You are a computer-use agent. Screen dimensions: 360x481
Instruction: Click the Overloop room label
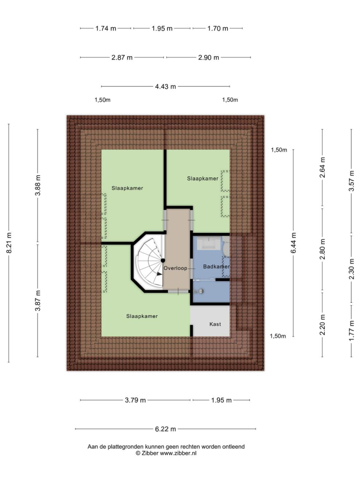coord(175,268)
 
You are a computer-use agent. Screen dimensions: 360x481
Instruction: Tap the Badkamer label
coord(216,267)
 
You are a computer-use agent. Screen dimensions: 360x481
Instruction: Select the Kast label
coord(215,324)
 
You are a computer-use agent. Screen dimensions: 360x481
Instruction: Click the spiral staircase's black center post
coord(163,261)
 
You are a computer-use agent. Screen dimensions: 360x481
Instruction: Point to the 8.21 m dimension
coord(9,243)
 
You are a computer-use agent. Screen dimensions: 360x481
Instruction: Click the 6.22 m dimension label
coord(166,429)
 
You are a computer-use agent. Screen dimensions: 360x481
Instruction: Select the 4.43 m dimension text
coord(166,86)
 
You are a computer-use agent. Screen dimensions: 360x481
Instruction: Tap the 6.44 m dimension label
coord(294,243)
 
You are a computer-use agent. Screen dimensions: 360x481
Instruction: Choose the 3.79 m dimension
coord(135,400)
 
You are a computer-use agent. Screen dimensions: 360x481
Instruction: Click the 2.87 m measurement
coord(122,57)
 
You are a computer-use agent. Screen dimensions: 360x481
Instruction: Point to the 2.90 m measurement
coord(209,57)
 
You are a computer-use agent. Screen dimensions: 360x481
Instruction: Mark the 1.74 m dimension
coord(106,29)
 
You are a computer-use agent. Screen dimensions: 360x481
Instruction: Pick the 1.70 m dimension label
coord(218,29)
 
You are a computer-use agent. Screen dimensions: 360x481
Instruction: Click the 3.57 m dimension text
coord(351,181)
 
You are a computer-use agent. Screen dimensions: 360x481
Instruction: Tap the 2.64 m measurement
coord(322,167)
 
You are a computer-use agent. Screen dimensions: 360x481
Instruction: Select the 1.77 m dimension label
coord(351,330)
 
